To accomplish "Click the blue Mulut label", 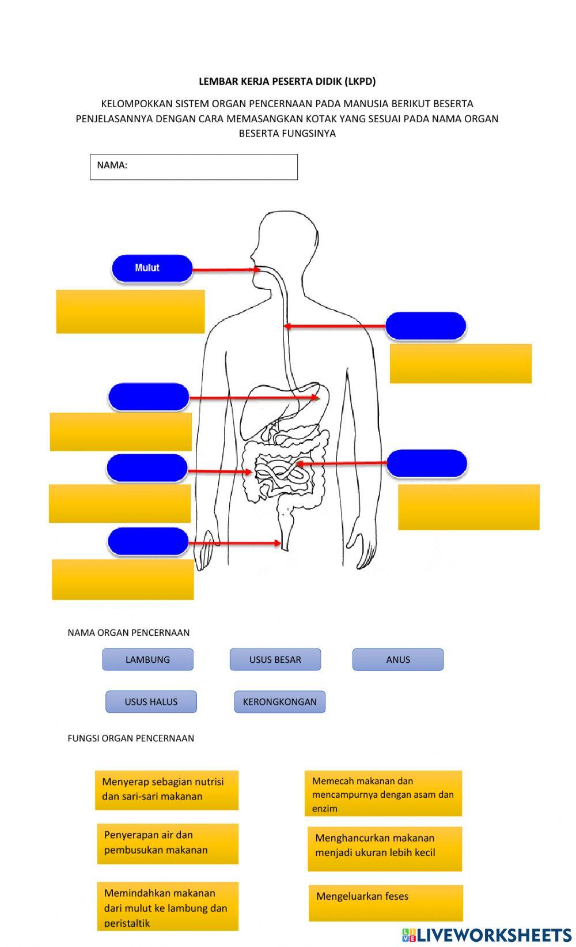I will (151, 268).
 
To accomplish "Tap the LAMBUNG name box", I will (147, 659).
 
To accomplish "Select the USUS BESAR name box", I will (275, 659).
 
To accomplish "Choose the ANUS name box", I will (397, 659).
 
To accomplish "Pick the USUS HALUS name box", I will (151, 701).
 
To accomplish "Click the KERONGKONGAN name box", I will (279, 701).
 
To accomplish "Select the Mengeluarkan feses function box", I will (385, 902).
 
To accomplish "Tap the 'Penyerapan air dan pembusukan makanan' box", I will (167, 843).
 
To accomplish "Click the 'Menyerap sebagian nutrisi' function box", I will (166, 790).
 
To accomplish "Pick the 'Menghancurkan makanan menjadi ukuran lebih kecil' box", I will (384, 848).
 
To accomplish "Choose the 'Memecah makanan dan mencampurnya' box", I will (383, 794).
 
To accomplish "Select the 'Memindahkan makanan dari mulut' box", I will (167, 906).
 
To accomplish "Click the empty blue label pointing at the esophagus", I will (425, 326).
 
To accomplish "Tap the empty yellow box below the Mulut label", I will (130, 311).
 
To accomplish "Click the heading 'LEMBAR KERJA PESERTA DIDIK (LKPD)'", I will (287, 81).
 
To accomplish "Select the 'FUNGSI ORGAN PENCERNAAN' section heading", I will (131, 738).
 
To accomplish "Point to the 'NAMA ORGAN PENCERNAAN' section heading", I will (128, 632).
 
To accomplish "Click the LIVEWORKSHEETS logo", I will (487, 934).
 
